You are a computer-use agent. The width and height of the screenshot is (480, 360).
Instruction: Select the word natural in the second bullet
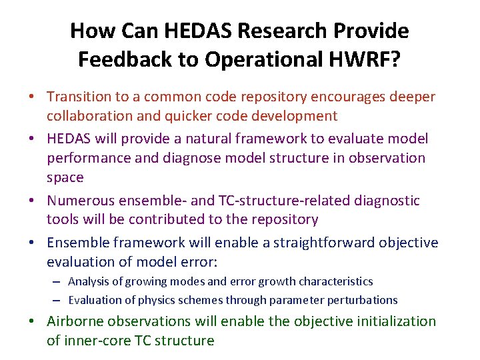pos(215,139)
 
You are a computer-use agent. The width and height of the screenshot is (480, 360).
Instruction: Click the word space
pos(65,177)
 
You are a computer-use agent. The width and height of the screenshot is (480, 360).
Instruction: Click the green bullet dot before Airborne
pos(32,321)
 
